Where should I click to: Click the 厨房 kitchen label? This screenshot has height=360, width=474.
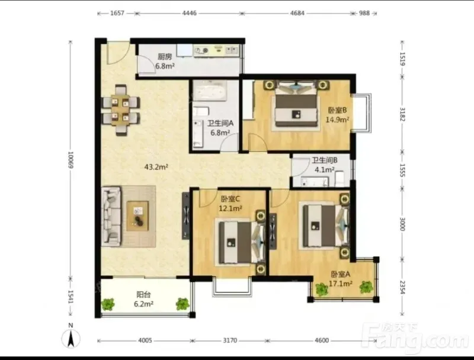[x=165, y=56]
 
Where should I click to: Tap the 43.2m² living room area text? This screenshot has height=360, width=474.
[x=156, y=167]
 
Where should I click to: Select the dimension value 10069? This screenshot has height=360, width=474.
[x=71, y=160]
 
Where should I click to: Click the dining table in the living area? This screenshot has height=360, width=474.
[x=121, y=110]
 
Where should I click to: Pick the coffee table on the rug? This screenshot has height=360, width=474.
[x=137, y=216]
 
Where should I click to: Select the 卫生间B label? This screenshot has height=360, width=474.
[x=325, y=160]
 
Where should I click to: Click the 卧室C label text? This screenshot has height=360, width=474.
[x=230, y=199]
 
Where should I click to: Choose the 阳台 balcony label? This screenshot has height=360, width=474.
[x=143, y=294]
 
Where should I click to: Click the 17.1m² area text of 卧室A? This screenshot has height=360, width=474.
[x=340, y=284]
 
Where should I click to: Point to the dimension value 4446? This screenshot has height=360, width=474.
[x=189, y=13]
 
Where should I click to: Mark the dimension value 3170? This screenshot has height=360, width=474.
[x=230, y=340]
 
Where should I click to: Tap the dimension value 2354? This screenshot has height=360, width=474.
[x=402, y=287]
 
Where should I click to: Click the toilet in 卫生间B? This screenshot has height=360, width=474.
[x=340, y=179]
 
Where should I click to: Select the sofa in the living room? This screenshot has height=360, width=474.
[x=111, y=216]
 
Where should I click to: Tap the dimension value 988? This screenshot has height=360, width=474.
[x=364, y=13]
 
